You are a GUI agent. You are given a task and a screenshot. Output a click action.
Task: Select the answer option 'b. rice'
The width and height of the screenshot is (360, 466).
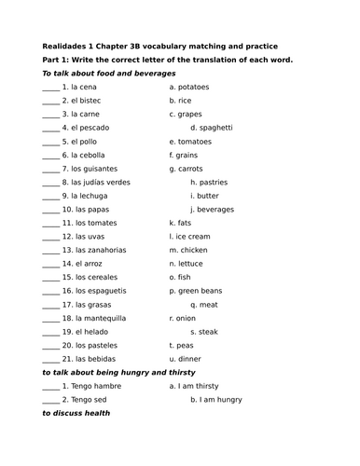[181, 100]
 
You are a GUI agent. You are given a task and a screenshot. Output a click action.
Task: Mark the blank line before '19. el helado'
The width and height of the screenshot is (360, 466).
[50, 331]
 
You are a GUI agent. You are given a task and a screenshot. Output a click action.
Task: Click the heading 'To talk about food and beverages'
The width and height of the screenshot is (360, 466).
[109, 73]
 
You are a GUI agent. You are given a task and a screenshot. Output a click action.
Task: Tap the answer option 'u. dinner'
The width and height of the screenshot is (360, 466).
[185, 359]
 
